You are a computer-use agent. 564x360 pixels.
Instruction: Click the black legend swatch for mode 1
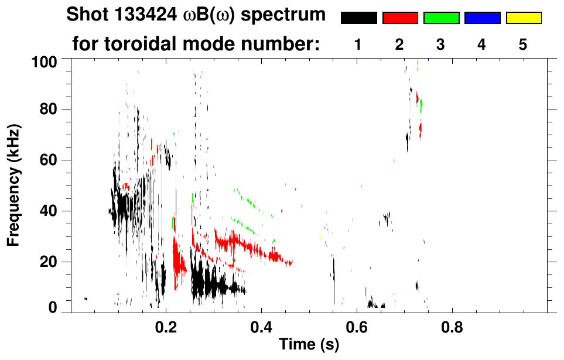pyautogui.click(x=358, y=18)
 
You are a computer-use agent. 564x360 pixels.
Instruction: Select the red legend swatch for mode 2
pyautogui.click(x=400, y=18)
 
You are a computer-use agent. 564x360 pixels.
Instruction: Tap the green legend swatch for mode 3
pyautogui.click(x=441, y=18)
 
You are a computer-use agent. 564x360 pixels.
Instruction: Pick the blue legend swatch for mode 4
pyautogui.click(x=482, y=18)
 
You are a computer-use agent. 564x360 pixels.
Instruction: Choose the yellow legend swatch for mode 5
pyautogui.click(x=524, y=18)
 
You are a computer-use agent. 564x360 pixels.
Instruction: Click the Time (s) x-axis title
pyautogui.click(x=309, y=345)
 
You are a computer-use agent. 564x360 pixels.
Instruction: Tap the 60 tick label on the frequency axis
pyautogui.click(x=50, y=160)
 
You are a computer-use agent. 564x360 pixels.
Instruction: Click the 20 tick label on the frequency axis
pyautogui.click(x=50, y=262)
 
